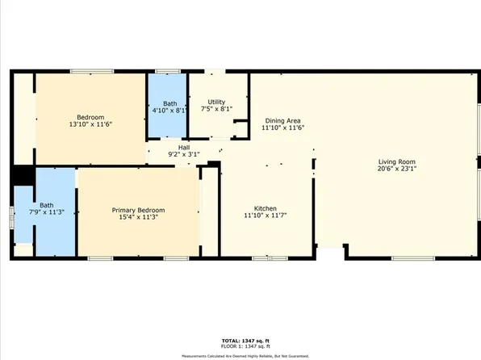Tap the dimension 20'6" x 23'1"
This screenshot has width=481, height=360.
click(396, 170)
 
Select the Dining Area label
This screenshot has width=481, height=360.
click(282, 120)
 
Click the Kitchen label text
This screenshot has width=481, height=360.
click(266, 208)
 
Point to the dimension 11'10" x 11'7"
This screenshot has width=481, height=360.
click(266, 216)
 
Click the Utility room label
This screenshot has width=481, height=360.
click(215, 101)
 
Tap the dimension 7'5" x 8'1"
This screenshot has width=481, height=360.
click(215, 109)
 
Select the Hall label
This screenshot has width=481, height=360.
click(183, 147)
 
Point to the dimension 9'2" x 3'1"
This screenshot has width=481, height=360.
click(183, 154)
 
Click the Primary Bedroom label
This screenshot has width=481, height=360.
click(138, 209)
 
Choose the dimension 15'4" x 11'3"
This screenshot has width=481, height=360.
click(138, 217)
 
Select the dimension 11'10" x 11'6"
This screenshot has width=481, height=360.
click(282, 128)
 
